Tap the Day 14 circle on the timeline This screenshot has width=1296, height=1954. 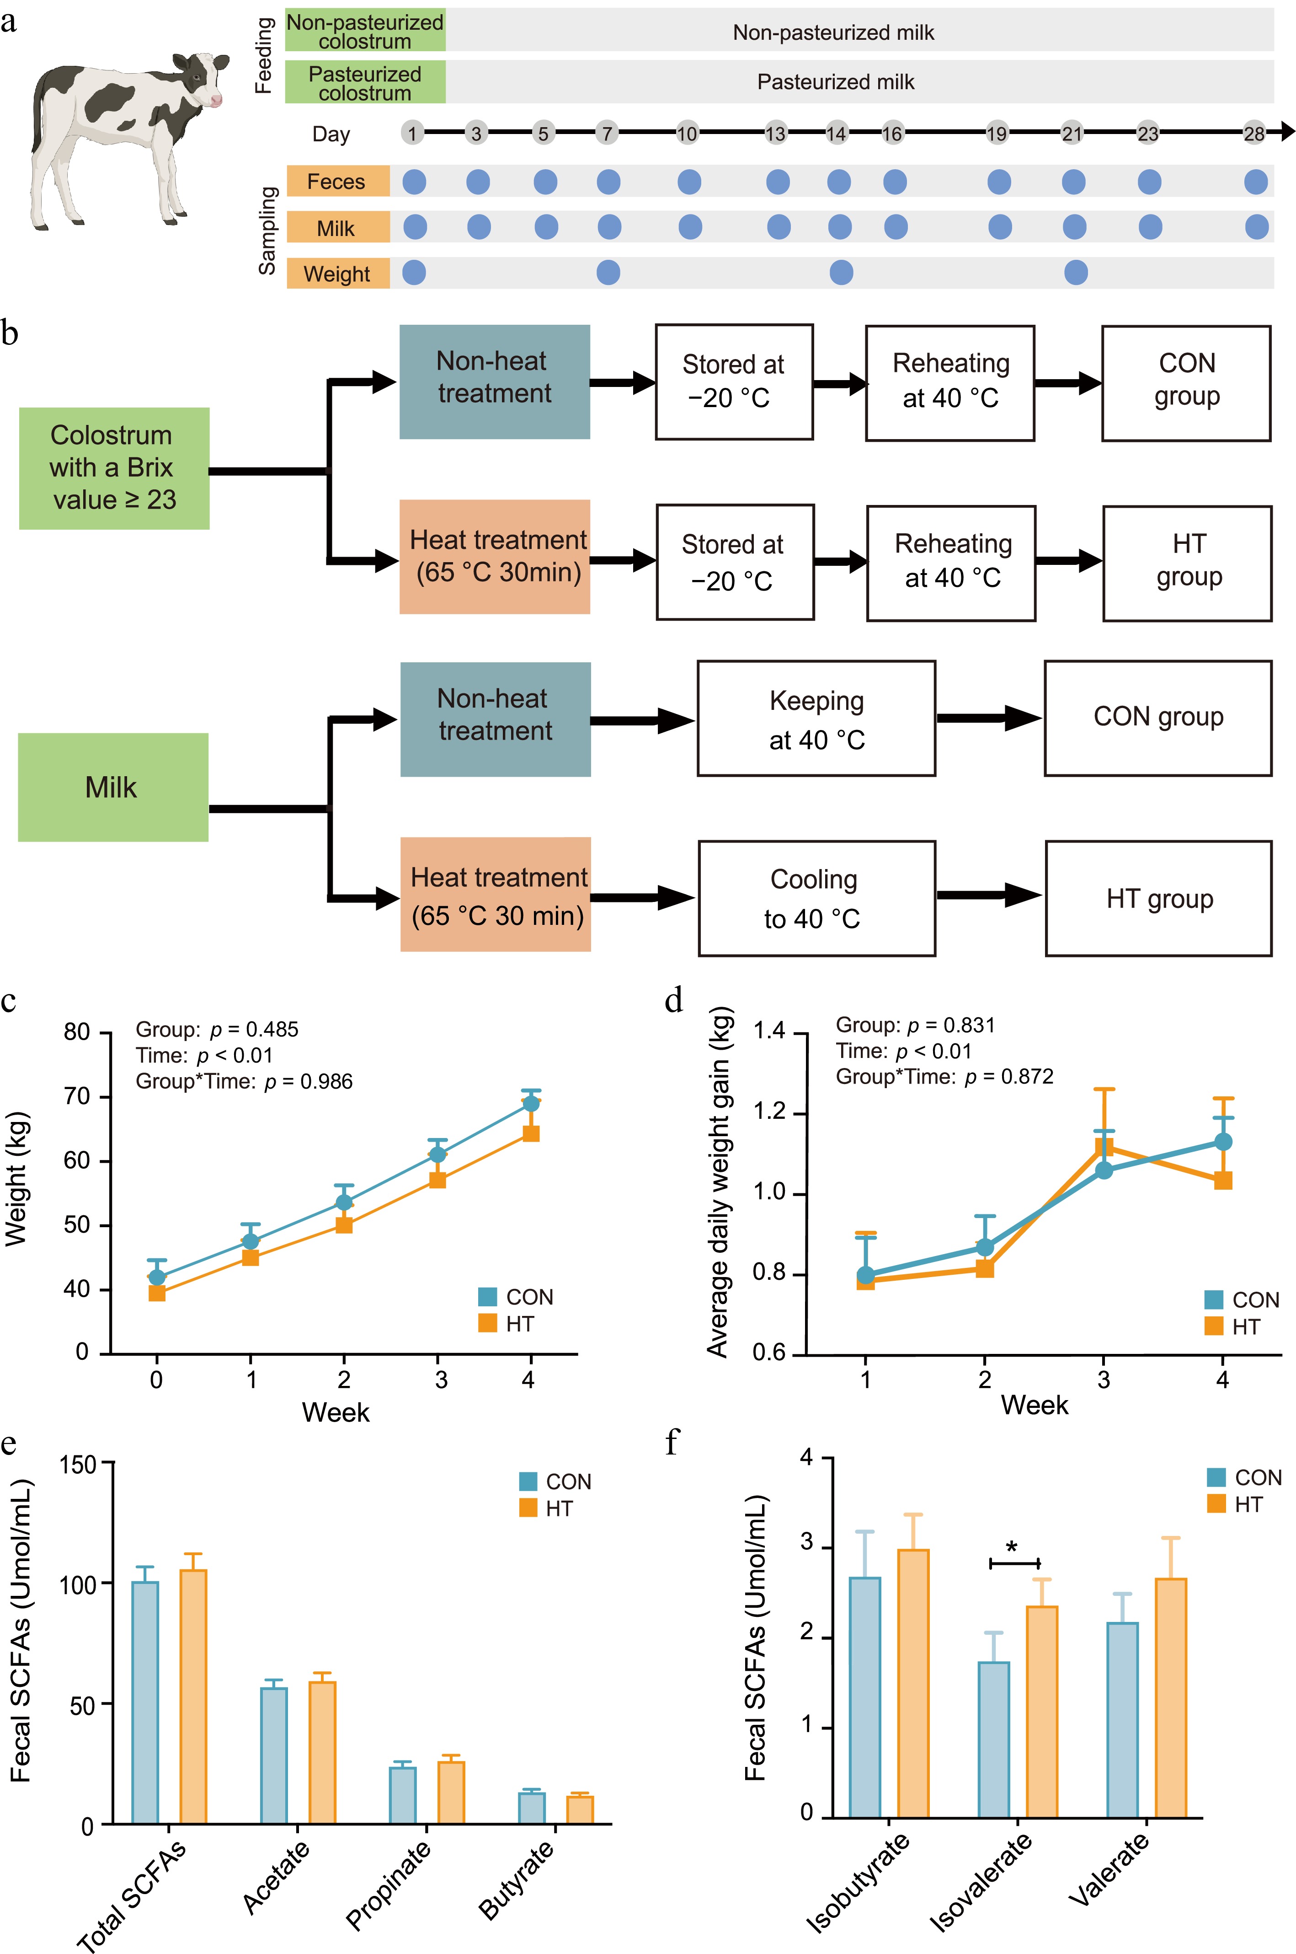click(837, 133)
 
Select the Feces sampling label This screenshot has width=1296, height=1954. click(337, 181)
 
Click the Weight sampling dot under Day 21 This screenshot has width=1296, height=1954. click(1075, 272)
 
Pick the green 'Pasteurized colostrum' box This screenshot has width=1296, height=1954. click(365, 83)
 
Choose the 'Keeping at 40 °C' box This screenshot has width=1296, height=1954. click(816, 719)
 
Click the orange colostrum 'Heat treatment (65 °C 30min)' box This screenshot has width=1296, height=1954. click(495, 557)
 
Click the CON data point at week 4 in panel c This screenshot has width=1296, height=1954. click(531, 1104)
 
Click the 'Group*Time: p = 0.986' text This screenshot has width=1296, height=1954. click(244, 1082)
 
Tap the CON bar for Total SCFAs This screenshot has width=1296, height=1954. click(145, 1702)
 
